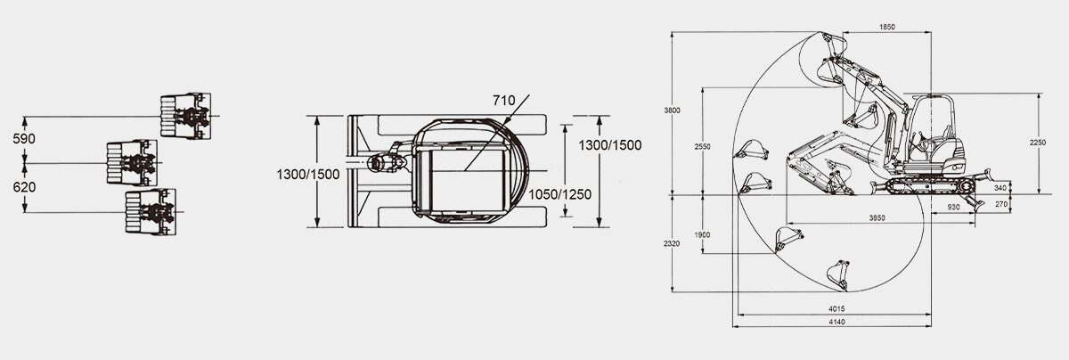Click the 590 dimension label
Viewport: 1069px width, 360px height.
[x=24, y=139]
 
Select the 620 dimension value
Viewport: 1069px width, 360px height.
[x=24, y=187]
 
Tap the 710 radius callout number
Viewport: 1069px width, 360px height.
[x=504, y=101]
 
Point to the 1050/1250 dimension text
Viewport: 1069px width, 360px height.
[x=559, y=194]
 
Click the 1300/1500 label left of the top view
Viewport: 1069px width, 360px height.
[x=308, y=175]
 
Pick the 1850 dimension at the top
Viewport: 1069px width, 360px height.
[x=887, y=28]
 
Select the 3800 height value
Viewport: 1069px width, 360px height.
[x=672, y=110]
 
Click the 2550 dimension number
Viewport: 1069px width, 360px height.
[x=703, y=146]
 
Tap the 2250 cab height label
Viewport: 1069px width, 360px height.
[x=1038, y=143]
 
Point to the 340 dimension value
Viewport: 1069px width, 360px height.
[x=1000, y=188]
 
